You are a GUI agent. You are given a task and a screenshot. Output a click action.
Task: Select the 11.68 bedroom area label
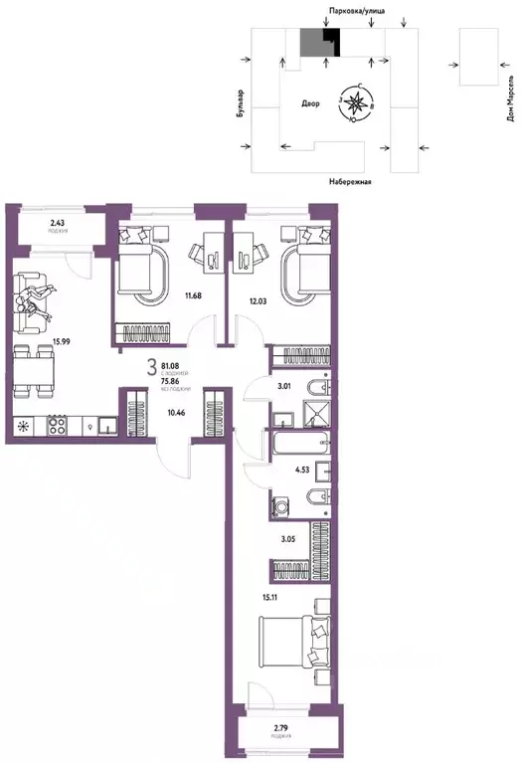[x=195, y=294]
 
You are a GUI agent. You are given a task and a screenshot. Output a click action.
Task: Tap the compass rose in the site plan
[x=357, y=99]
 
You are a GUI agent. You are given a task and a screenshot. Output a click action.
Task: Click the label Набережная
[x=349, y=182]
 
